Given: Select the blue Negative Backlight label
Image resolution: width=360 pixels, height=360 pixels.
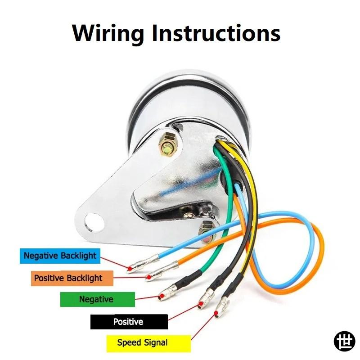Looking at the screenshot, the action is pyautogui.click(x=60, y=256).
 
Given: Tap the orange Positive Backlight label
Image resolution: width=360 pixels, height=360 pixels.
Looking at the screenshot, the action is pyautogui.click(x=72, y=278).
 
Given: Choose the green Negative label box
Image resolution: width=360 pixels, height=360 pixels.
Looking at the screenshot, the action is pyautogui.click(x=98, y=299).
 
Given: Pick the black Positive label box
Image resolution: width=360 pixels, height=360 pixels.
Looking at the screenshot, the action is pyautogui.click(x=129, y=322).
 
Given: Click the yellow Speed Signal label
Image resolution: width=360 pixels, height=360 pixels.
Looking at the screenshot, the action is pyautogui.click(x=148, y=343).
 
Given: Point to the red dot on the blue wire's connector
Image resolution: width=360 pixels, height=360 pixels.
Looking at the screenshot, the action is pyautogui.click(x=130, y=268).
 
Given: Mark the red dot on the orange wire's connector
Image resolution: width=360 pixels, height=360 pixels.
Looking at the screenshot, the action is pyautogui.click(x=149, y=277).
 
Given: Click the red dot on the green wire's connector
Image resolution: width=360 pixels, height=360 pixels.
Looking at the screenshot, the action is pyautogui.click(x=162, y=297).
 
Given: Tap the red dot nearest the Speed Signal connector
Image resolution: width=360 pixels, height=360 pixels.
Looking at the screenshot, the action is pyautogui.click(x=216, y=313).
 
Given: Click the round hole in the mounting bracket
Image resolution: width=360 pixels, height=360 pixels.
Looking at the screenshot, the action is pyautogui.click(x=94, y=222).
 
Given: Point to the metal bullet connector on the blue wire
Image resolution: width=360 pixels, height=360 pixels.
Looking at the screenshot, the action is pyautogui.click(x=143, y=264).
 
